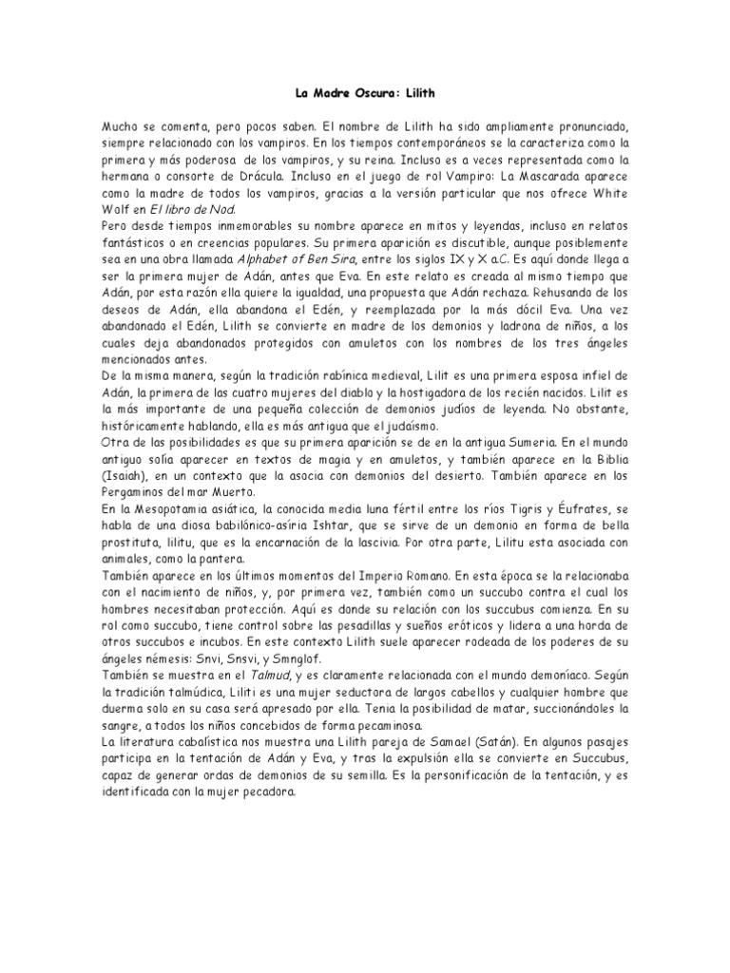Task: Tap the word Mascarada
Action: [581, 178]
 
